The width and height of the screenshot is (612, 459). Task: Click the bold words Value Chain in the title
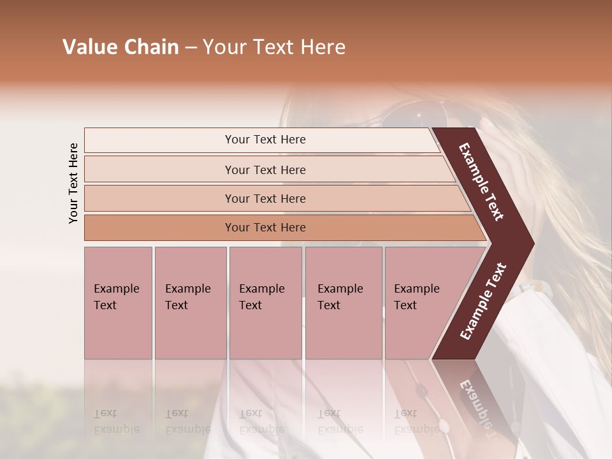pyautogui.click(x=120, y=47)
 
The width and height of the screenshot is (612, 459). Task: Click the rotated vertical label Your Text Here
pyautogui.click(x=73, y=183)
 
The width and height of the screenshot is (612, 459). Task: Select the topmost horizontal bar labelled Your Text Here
pyautogui.click(x=261, y=140)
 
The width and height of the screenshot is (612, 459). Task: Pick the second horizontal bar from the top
pyautogui.click(x=265, y=170)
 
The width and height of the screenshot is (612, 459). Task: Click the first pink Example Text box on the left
pyautogui.click(x=119, y=303)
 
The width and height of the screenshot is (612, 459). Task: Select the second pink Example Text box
pyautogui.click(x=191, y=303)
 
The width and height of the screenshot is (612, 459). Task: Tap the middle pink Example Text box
pyautogui.click(x=265, y=303)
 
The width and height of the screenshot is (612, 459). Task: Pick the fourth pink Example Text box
pyautogui.click(x=344, y=303)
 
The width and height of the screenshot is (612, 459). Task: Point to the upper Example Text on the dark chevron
pyautogui.click(x=481, y=182)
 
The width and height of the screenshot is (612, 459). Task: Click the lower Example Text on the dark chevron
pyautogui.click(x=483, y=302)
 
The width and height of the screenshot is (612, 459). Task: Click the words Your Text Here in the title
pyautogui.click(x=274, y=47)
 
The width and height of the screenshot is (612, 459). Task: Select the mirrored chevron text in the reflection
pyautogui.click(x=475, y=402)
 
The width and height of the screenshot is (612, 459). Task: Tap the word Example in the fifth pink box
pyautogui.click(x=416, y=289)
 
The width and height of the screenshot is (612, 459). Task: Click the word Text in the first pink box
pyautogui.click(x=105, y=305)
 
